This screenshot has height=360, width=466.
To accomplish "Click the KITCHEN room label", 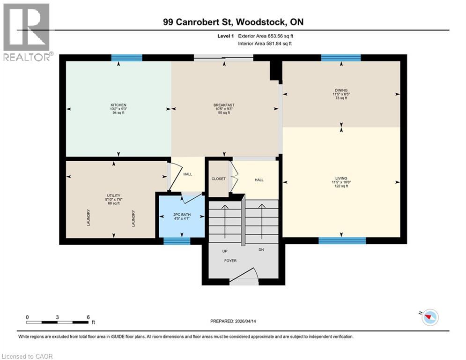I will click(x=118, y=105).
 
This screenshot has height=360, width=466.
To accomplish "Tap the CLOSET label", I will click(x=218, y=179).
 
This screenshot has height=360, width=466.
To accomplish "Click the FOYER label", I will click(x=230, y=261).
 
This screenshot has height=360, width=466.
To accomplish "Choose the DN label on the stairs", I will click(x=261, y=250).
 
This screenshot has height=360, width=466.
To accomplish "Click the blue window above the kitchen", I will click(x=126, y=58).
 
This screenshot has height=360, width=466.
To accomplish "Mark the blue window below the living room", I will click(x=342, y=240).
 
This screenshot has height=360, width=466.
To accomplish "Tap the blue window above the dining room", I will click(x=341, y=58).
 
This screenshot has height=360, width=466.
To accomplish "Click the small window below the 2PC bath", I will click(x=177, y=241).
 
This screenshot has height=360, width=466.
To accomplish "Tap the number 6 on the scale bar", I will click(x=88, y=317).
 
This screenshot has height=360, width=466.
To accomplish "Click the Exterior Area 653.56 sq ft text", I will click(x=266, y=36).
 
